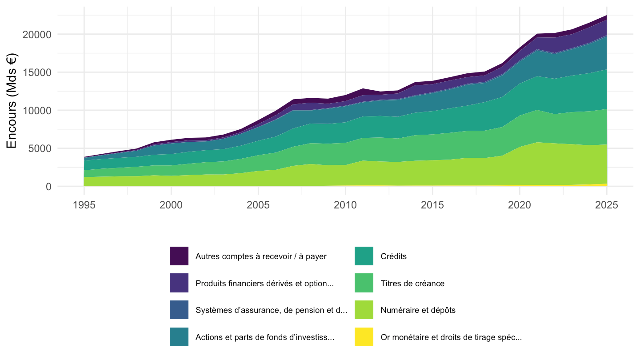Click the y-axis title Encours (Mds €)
click(12, 101)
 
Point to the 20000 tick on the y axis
click(37, 35)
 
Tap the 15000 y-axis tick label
click(37, 72)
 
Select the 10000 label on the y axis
click(37, 111)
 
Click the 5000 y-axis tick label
click(40, 148)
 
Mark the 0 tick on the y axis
click(48, 187)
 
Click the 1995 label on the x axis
click(84, 205)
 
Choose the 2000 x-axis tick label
click(171, 205)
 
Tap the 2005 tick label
click(258, 205)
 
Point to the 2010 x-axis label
click(345, 205)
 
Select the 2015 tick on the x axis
click(432, 205)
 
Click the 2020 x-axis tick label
click(520, 205)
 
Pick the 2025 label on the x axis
click(607, 205)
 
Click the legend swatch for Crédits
click(364, 256)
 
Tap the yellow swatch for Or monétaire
click(364, 337)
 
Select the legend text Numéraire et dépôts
click(418, 310)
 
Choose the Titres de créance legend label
click(412, 283)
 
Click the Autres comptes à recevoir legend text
click(261, 256)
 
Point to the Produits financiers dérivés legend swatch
click(179, 283)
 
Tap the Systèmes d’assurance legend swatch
click(179, 310)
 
